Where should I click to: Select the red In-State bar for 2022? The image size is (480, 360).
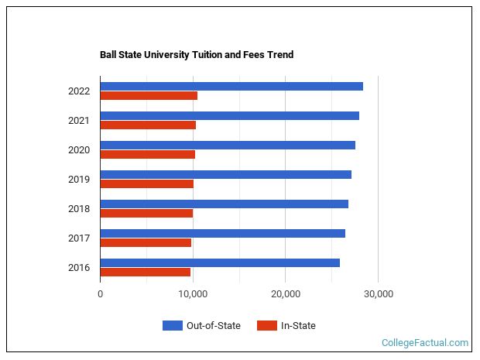149,96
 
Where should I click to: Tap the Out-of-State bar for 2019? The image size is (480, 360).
225,174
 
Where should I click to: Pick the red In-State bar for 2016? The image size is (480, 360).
145,273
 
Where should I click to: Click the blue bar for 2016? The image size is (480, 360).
220,262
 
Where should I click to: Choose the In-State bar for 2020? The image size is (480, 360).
147,155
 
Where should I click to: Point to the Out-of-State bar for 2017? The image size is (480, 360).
222,233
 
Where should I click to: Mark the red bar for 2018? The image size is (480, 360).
146,214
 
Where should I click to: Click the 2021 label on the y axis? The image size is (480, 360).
79,121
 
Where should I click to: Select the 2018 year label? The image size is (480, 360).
79,209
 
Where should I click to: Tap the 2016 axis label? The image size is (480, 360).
79,268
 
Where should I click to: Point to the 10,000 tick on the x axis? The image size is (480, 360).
193,294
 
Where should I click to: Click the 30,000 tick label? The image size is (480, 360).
378,294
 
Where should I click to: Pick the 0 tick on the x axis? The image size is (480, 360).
100,294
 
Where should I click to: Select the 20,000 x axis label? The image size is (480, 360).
286,294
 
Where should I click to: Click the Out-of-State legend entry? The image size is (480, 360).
202,326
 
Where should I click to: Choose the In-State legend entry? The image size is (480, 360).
286,326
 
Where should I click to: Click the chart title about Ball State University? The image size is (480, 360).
197,55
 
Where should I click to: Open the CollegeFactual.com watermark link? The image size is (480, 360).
425,343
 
